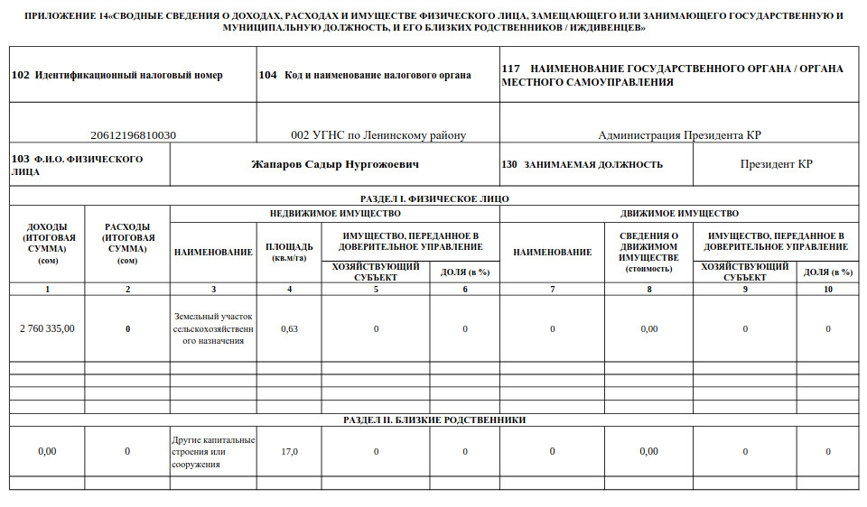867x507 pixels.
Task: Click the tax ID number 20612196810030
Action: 134,135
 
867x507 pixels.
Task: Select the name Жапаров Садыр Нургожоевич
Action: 335,165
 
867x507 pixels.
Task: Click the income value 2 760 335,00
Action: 47,328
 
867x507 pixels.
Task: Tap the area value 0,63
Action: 289,328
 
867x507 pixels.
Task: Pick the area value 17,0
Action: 289,451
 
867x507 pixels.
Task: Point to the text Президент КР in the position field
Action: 776,165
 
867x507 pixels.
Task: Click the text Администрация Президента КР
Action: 679,135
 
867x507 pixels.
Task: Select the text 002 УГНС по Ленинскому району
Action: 378,135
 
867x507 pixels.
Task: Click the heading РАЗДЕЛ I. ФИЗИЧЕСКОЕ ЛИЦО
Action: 433,198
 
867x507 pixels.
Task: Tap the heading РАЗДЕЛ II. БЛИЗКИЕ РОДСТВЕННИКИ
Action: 434,419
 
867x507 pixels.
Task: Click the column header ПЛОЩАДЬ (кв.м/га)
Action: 289,252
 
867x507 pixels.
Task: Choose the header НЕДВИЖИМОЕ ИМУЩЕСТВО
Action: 335,214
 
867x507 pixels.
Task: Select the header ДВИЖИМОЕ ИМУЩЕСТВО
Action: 679,214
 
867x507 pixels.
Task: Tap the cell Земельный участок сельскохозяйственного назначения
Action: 213,329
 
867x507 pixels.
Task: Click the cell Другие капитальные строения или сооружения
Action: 213,452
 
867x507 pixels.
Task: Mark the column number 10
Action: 827,289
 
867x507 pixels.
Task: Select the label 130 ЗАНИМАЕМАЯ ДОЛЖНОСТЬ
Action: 582,165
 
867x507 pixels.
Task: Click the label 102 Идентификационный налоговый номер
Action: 117,75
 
